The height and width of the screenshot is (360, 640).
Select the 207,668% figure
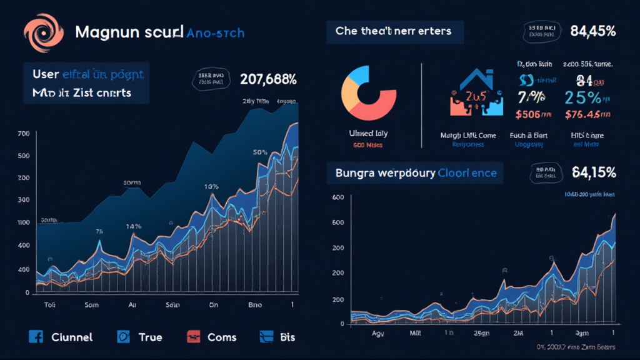tap(268, 79)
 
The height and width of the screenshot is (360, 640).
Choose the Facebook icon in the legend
tap(36, 337)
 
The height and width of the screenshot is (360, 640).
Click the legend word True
tap(150, 337)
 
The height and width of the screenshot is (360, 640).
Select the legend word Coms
tap(222, 337)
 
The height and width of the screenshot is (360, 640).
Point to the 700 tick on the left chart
tap(24, 134)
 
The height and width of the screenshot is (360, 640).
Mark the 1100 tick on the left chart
tap(24, 222)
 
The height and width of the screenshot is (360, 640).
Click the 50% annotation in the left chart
tap(260, 152)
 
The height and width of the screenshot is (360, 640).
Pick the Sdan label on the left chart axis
tap(173, 306)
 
